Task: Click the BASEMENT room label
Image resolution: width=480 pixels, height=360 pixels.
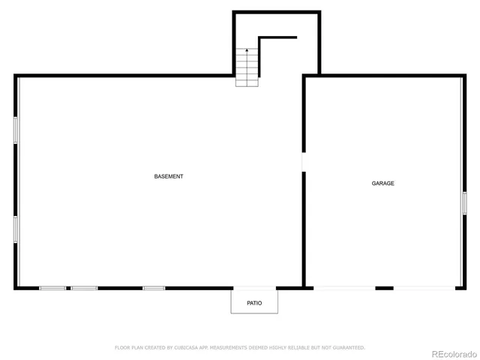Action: [x=169, y=176]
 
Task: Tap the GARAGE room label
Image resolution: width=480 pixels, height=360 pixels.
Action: [x=383, y=183]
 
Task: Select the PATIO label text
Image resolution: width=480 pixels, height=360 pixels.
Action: [x=254, y=303]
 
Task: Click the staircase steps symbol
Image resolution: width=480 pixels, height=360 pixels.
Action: [x=247, y=67]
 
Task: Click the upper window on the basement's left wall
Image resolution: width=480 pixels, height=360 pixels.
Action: [x=15, y=129]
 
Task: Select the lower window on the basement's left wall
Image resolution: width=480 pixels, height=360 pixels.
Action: [x=15, y=229]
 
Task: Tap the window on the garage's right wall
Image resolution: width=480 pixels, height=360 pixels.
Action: [x=464, y=202]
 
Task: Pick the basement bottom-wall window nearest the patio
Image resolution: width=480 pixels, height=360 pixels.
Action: [x=154, y=288]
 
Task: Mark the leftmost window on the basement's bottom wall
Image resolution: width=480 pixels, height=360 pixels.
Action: [x=52, y=288]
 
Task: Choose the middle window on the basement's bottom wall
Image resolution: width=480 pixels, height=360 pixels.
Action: [x=84, y=288]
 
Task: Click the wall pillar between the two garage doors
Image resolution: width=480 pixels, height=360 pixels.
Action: [x=384, y=288]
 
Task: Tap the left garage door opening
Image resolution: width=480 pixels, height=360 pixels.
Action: [x=344, y=288]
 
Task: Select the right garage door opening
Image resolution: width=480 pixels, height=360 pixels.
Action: [x=424, y=288]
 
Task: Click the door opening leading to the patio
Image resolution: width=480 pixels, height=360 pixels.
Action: [x=254, y=288]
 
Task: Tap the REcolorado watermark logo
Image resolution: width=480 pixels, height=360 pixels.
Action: [x=452, y=352]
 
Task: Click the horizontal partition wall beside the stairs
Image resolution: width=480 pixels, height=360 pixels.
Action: [x=277, y=37]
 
